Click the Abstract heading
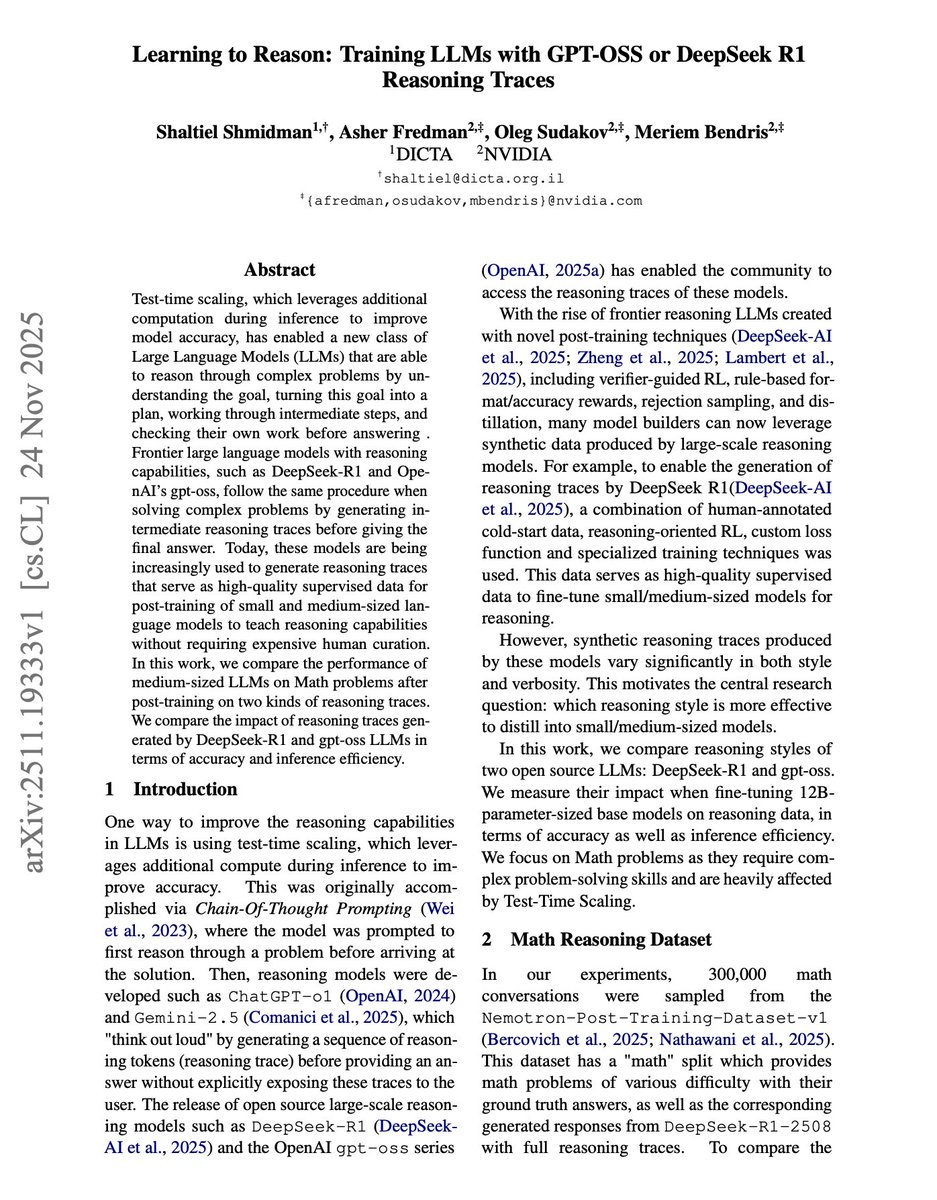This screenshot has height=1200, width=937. (x=280, y=270)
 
